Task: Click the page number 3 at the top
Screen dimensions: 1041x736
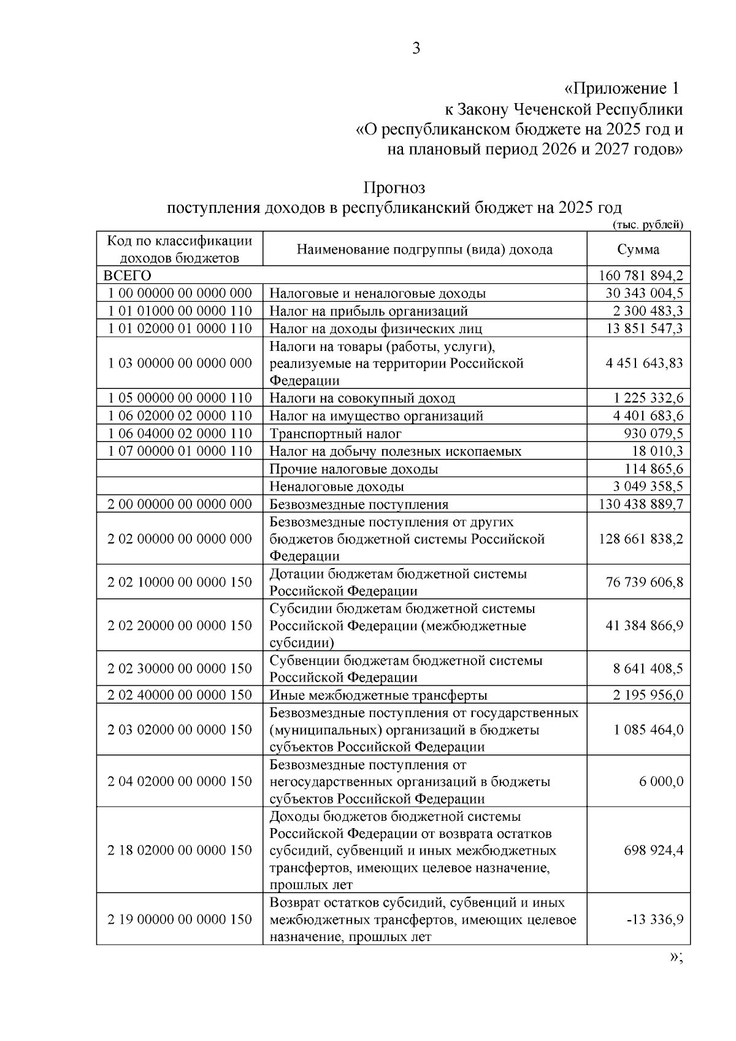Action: click(416, 48)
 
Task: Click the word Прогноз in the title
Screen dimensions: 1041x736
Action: click(394, 187)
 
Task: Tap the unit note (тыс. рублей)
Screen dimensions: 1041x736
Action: click(648, 225)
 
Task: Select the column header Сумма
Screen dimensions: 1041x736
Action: click(638, 250)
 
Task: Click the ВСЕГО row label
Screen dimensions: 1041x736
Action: click(128, 275)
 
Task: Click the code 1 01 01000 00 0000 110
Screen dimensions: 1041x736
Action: click(180, 311)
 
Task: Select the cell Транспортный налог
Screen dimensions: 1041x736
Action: click(335, 434)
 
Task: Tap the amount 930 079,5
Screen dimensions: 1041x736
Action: click(653, 434)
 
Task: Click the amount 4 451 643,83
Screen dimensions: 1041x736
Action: click(644, 363)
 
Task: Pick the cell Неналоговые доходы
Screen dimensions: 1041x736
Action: click(337, 486)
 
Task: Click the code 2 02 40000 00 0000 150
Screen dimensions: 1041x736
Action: click(180, 695)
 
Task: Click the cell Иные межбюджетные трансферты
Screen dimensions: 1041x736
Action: click(378, 695)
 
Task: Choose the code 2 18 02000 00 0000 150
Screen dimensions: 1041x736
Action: click(180, 850)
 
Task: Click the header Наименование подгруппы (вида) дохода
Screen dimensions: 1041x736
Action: click(424, 250)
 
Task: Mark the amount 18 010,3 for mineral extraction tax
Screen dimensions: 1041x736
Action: click(657, 451)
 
